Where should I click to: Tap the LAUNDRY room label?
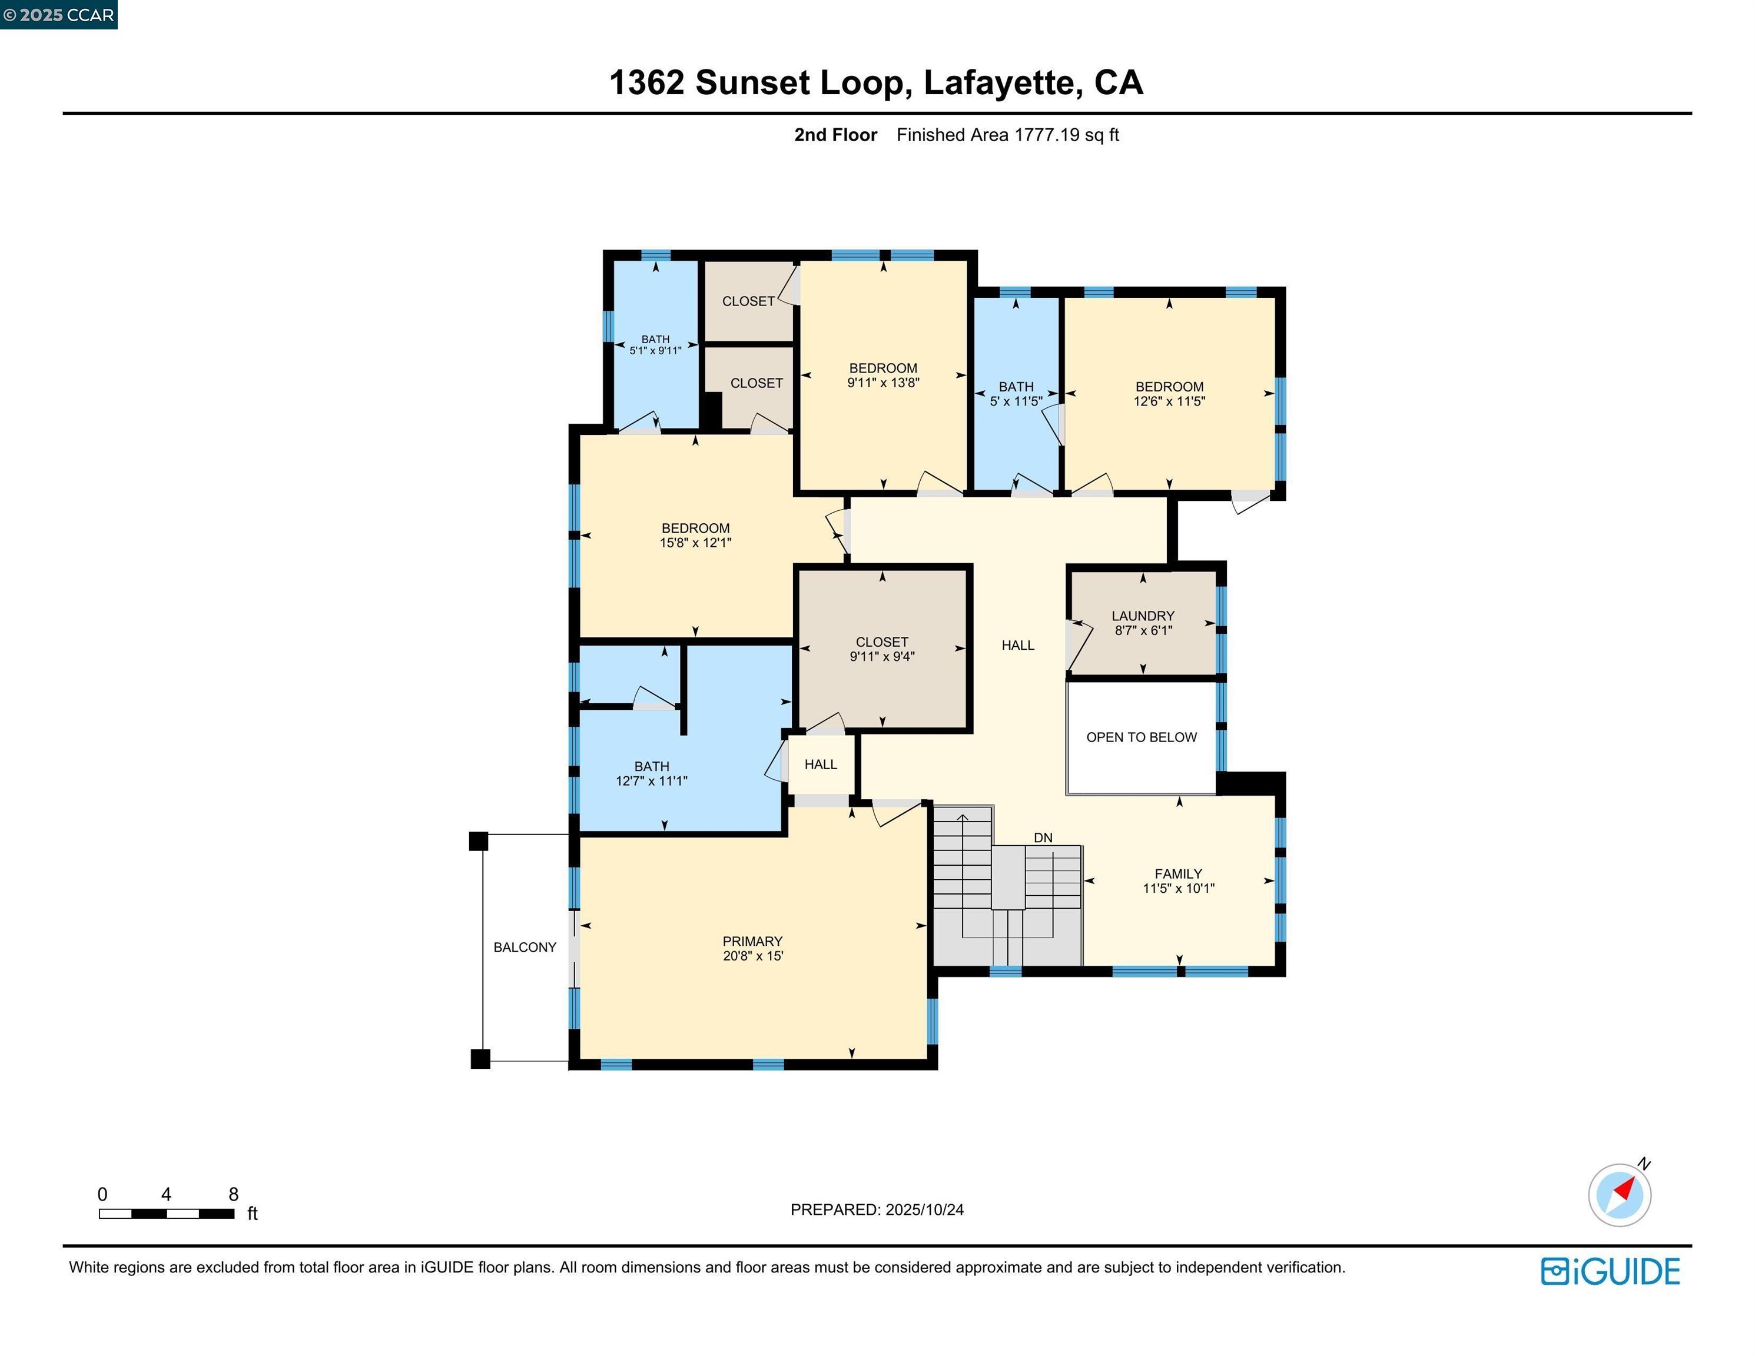[1143, 616]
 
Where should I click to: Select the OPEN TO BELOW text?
[1141, 737]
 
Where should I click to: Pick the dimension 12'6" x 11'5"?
[1169, 401]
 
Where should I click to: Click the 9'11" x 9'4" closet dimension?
[883, 656]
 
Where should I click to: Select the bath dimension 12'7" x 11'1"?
[652, 781]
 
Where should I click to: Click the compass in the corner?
[1619, 1195]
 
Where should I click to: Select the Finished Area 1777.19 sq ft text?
[1008, 135]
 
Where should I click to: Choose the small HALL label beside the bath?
[821, 765]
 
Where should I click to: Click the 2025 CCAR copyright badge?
[59, 15]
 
